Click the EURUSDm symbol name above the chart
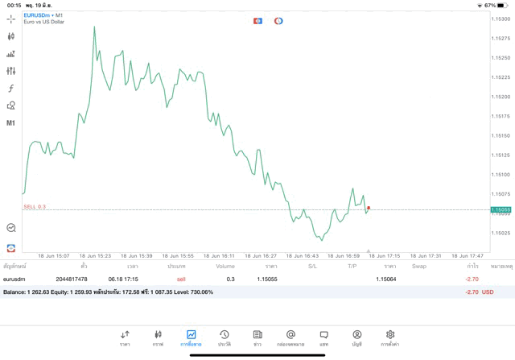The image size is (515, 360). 35,14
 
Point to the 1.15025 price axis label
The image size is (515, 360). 501,233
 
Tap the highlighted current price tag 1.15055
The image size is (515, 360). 501,209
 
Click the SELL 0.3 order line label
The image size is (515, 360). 35,206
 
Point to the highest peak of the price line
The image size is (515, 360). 94,27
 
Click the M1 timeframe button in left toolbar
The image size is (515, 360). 11,122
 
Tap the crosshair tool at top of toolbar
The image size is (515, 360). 11,19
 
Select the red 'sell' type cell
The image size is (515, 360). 181,279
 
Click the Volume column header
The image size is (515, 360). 225,266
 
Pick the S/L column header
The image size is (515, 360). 312,266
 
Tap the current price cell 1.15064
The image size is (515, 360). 386,279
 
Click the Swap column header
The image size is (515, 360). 418,266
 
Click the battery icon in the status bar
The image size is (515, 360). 504,5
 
